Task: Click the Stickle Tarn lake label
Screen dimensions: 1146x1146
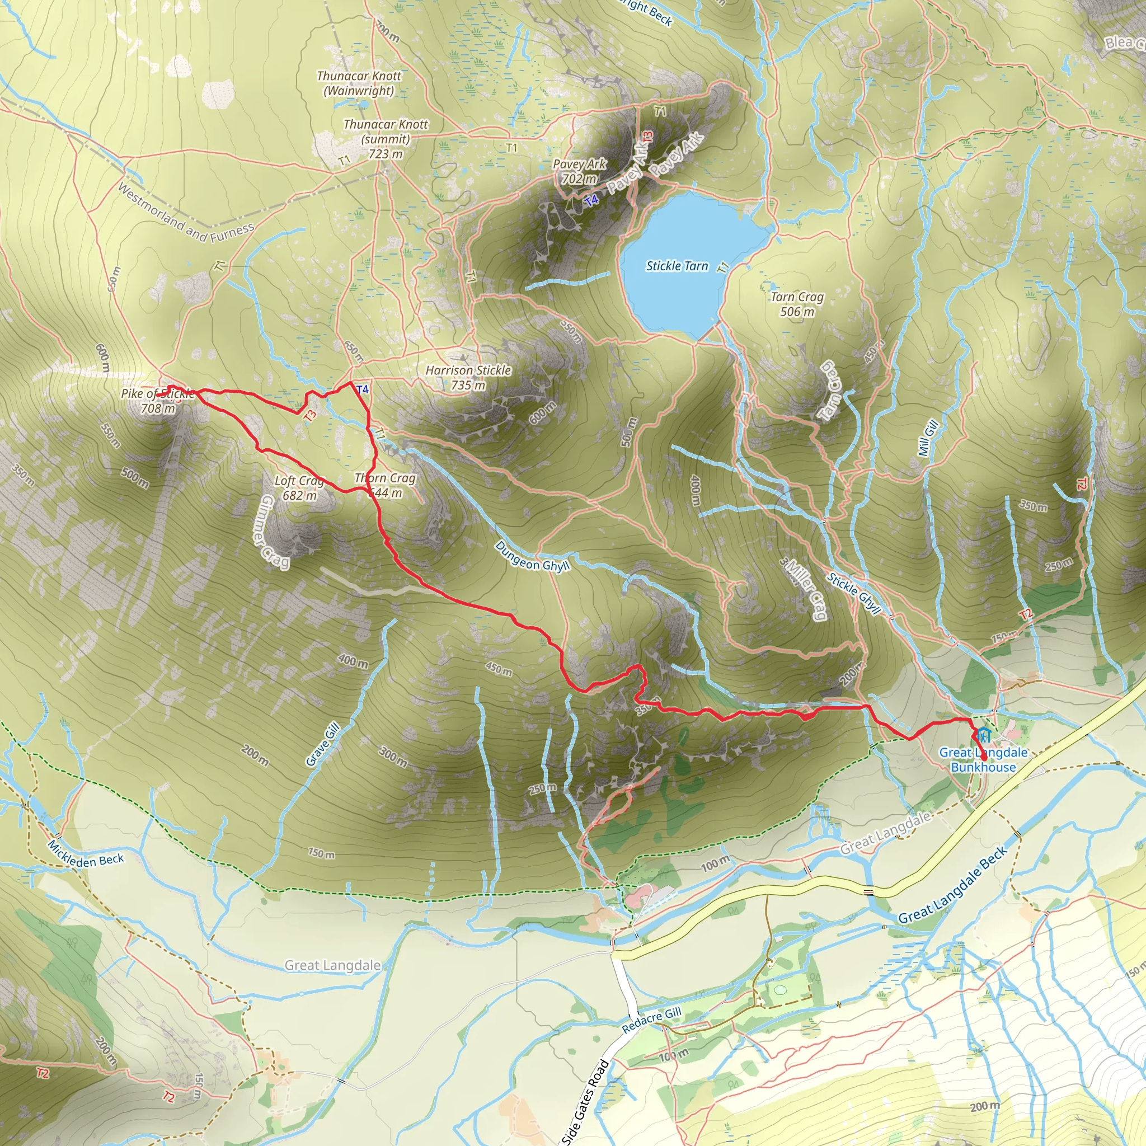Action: [x=677, y=266]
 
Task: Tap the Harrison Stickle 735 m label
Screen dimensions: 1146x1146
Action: [x=468, y=378]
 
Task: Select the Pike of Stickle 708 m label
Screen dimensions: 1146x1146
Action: [x=158, y=401]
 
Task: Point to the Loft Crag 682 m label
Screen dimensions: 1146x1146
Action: [x=299, y=487]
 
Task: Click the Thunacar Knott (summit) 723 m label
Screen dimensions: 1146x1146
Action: [x=386, y=139]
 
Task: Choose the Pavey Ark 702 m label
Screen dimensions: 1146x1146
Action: [x=580, y=171]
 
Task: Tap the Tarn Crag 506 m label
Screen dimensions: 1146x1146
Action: [x=797, y=304]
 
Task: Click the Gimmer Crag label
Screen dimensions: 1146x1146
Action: [x=275, y=532]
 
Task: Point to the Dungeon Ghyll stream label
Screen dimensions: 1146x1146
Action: [x=533, y=556]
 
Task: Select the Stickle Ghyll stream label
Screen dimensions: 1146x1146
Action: [x=854, y=593]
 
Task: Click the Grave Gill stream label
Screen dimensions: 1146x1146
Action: [x=323, y=744]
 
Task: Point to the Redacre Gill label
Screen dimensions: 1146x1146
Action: [x=651, y=1020]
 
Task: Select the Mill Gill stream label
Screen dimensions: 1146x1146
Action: [x=928, y=438]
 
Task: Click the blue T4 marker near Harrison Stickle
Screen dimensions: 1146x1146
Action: [x=363, y=389]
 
